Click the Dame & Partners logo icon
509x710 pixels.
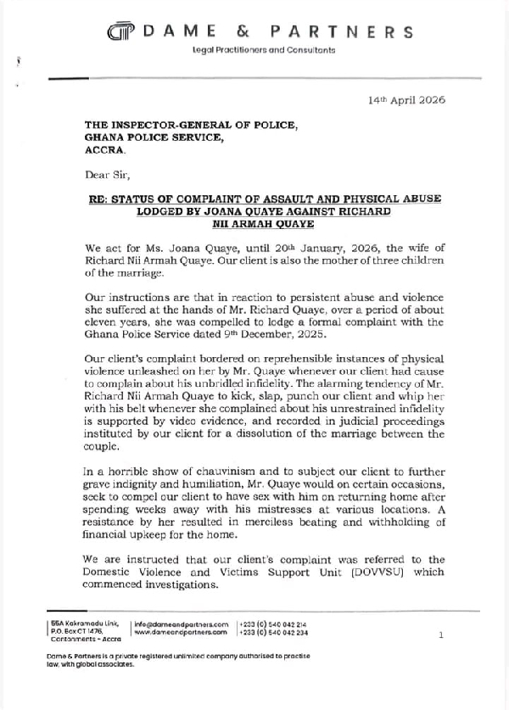click(x=120, y=32)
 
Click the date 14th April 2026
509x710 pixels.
click(x=406, y=99)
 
